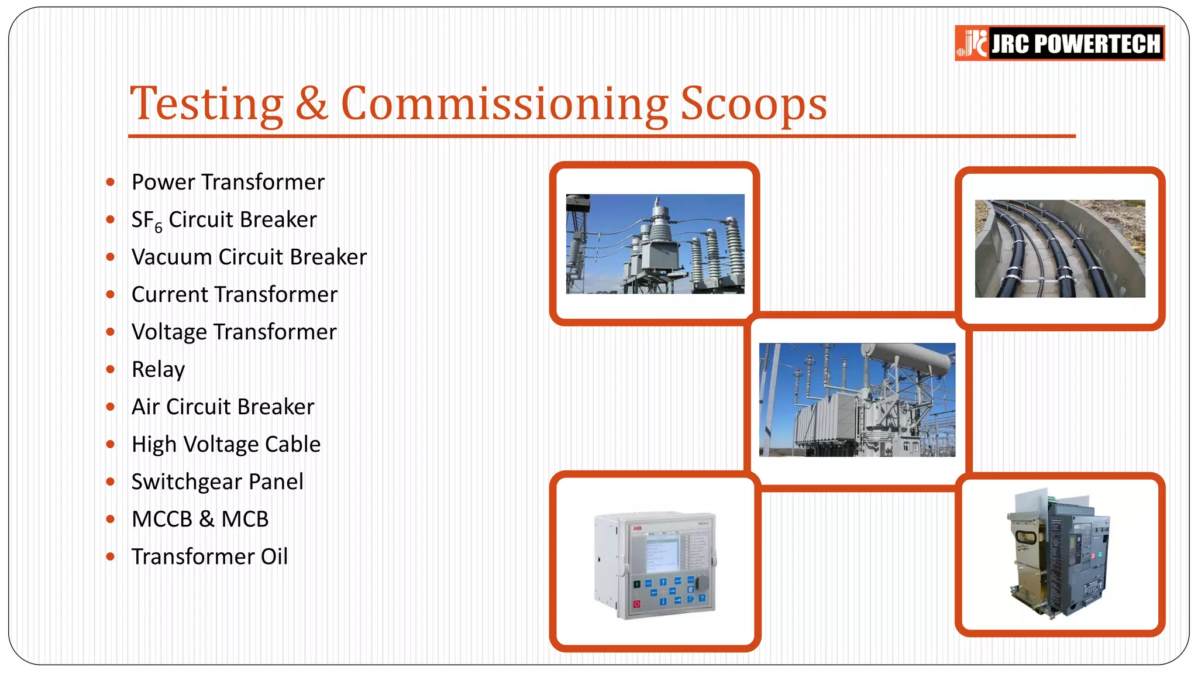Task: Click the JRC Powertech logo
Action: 1059,43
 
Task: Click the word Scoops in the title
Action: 753,104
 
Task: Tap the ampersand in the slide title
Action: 311,104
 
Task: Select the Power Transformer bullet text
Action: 228,182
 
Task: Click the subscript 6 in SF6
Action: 159,228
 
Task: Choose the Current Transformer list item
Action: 234,294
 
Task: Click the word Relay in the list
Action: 158,369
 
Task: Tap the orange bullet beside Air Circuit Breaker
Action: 111,407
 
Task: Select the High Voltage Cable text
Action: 226,444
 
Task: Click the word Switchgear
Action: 187,482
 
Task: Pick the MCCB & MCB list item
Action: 200,519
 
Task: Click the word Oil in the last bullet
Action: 274,556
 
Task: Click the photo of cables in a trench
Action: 1059,249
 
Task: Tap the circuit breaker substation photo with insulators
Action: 655,243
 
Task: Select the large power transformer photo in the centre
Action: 857,400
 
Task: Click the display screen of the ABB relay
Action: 662,553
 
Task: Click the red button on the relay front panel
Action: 636,604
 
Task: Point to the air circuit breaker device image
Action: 1058,554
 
